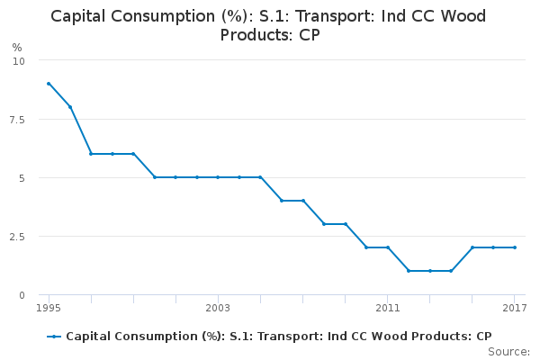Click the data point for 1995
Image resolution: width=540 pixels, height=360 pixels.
[49, 84]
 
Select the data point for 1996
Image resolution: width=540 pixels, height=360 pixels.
[69, 107]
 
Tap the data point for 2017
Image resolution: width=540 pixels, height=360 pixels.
[514, 247]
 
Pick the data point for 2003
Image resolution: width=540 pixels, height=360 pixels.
[218, 177]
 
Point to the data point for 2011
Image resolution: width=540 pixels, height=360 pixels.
[387, 247]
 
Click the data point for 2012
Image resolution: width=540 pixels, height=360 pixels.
[409, 271]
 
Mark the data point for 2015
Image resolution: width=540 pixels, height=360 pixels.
[472, 247]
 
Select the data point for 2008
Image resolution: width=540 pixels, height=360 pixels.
[324, 224]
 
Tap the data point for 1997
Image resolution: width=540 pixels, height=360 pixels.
[91, 154]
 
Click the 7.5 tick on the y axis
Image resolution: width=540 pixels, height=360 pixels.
[18, 119]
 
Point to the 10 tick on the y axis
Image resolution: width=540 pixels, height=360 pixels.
[20, 60]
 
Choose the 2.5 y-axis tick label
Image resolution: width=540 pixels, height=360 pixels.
[18, 236]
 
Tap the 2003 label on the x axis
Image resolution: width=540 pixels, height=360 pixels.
[218, 309]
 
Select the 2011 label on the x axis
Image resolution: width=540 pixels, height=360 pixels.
[387, 309]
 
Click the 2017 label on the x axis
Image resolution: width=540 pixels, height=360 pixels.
[514, 309]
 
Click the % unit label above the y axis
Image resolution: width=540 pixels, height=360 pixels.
[17, 47]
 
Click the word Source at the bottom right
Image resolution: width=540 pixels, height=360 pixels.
[509, 351]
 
